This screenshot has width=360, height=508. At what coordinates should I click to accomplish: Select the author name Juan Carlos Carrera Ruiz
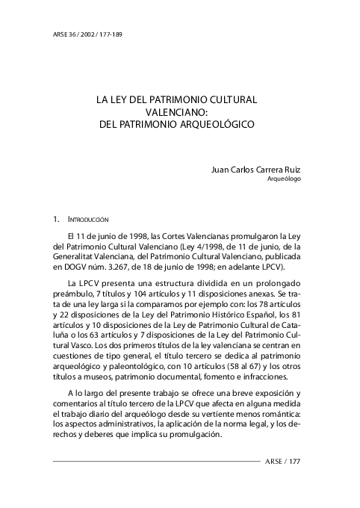(x=256, y=170)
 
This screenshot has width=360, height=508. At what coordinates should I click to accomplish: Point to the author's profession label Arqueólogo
(x=284, y=180)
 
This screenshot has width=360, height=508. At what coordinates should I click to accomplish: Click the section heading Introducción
(x=88, y=220)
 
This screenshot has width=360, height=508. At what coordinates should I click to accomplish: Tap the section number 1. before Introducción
(x=56, y=220)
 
